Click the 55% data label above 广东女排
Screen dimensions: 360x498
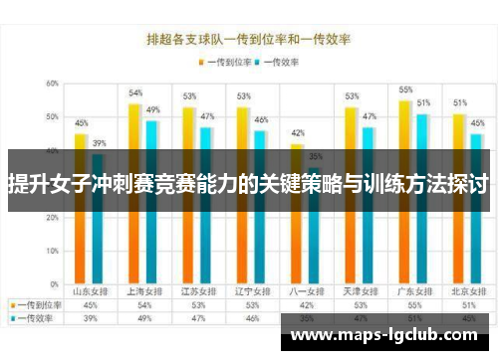[405, 90]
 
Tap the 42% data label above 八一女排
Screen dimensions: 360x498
[297, 133]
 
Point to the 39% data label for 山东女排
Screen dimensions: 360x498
[99, 143]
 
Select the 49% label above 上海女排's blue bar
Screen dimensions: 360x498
[152, 109]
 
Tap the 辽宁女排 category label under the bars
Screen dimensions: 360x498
[252, 291]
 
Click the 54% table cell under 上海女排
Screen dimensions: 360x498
[144, 305]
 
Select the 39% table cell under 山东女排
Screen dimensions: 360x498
[90, 319]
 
